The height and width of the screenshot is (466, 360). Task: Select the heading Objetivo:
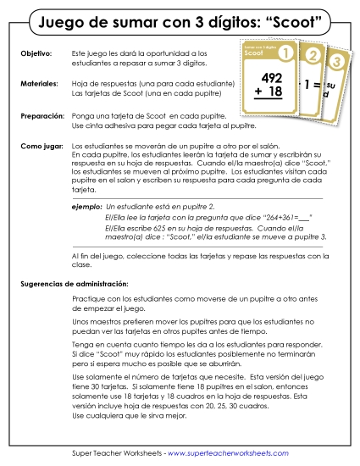(x=35, y=53)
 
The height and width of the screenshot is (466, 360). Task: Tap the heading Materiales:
(x=39, y=84)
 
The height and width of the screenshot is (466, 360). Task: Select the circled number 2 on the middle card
(x=313, y=58)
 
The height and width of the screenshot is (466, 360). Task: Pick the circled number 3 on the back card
(x=336, y=62)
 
